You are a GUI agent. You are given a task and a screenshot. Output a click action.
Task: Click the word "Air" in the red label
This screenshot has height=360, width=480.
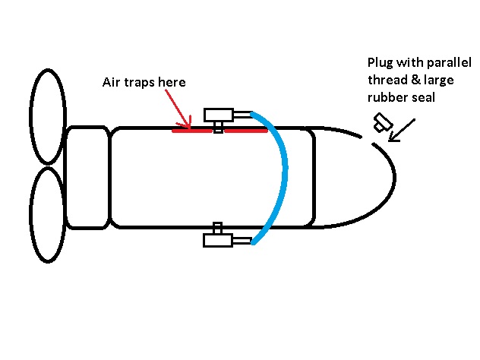click(x=111, y=82)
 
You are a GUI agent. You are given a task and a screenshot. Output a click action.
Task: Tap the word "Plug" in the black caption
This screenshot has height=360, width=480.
click(x=381, y=62)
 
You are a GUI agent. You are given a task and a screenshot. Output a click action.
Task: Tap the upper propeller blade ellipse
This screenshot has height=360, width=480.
click(x=47, y=116)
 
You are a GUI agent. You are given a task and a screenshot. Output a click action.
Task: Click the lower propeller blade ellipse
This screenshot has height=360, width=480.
click(x=47, y=215)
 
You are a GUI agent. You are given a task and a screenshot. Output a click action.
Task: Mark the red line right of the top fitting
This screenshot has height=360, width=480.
click(x=245, y=130)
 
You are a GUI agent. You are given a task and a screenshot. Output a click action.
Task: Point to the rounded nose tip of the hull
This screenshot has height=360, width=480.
click(x=393, y=178)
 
